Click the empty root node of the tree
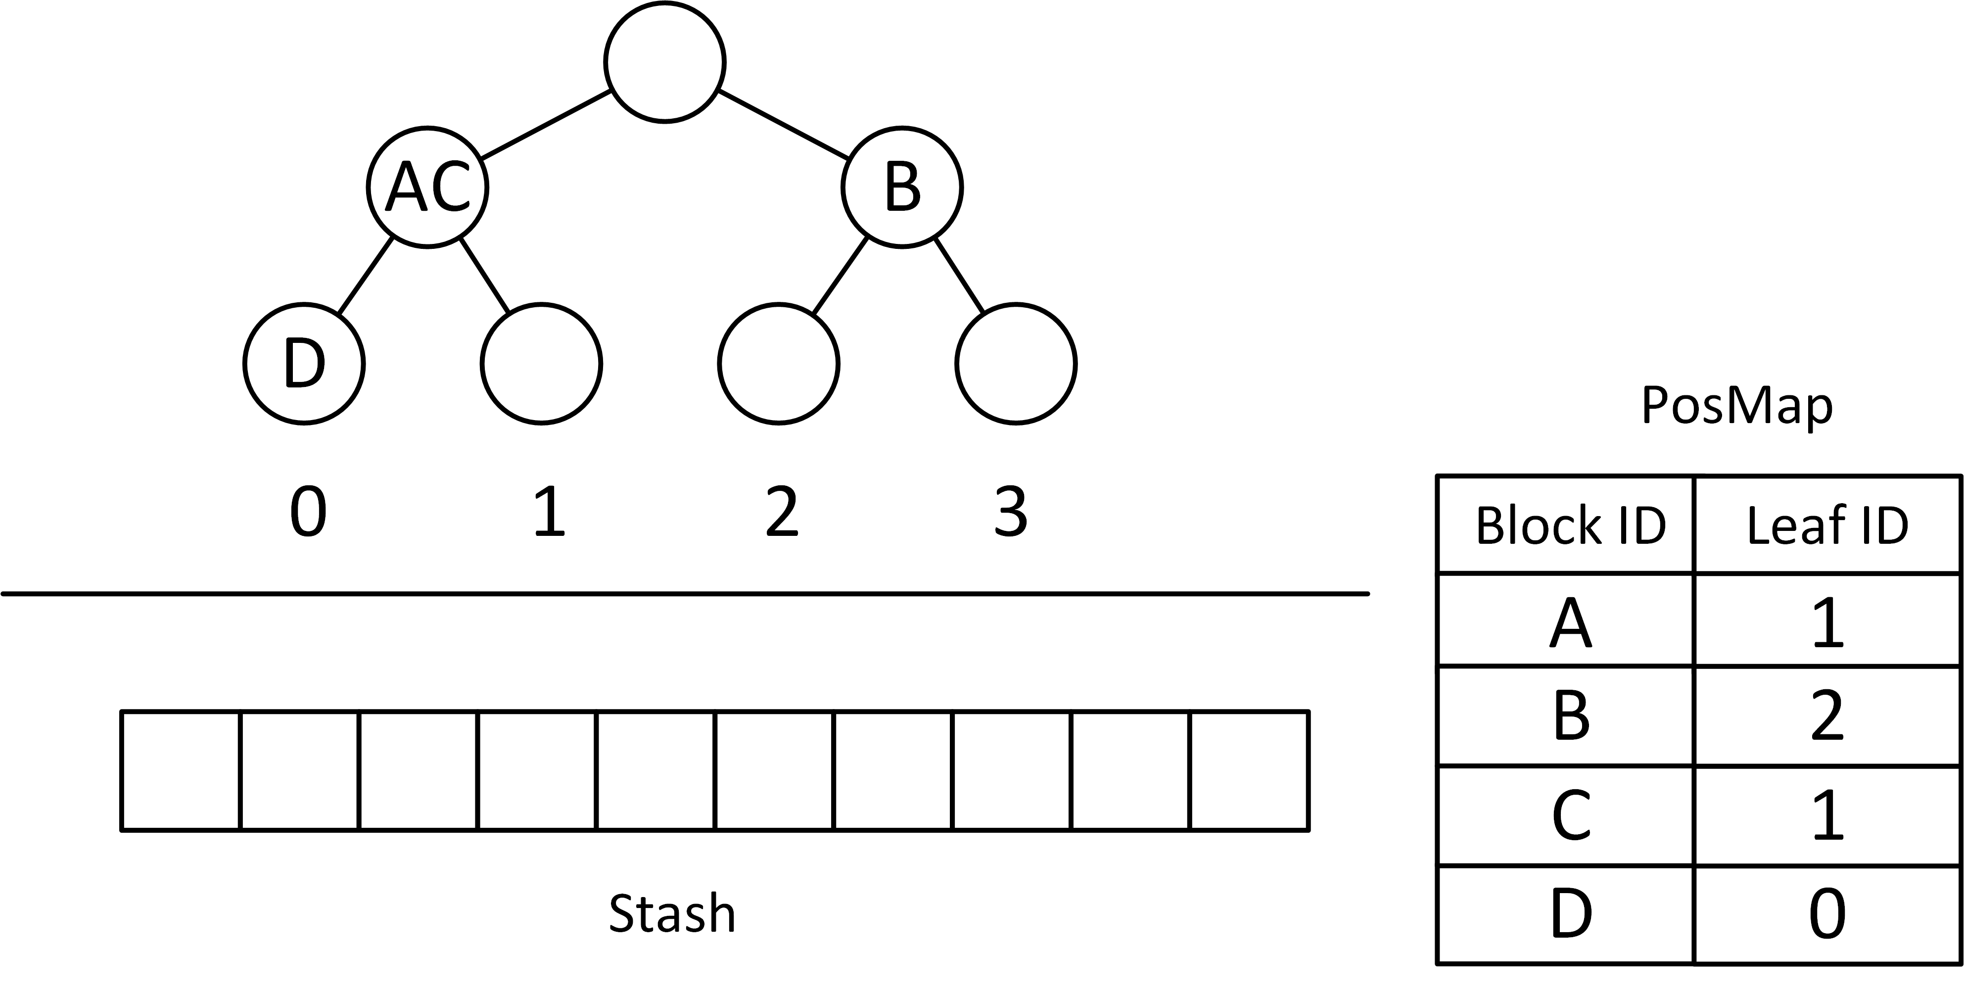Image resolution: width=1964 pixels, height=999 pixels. point(664,62)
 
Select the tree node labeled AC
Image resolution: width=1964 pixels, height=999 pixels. point(427,188)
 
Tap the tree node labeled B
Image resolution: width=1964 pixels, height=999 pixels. point(902,188)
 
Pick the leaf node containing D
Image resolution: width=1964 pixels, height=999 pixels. point(304,364)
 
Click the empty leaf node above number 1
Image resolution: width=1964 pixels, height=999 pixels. point(541,364)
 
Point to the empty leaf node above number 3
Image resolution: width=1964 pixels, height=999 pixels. point(1016,364)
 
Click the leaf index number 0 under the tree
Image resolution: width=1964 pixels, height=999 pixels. point(308,513)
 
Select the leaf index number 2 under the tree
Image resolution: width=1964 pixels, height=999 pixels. point(782,513)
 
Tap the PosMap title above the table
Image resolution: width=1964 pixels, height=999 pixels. point(1736,406)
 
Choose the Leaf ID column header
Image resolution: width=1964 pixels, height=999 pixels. point(1827,525)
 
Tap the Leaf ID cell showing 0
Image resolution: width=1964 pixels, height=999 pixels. point(1827,913)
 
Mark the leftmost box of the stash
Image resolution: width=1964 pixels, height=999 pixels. point(181,770)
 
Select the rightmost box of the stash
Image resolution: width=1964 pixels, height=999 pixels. point(1249,770)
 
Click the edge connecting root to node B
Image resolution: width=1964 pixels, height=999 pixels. point(785,125)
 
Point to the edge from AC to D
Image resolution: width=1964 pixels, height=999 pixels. point(365,275)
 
